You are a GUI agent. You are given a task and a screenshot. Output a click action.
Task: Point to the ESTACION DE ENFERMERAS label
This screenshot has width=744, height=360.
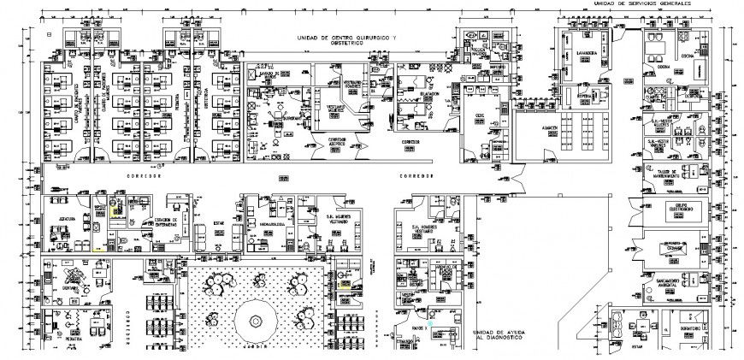click(x=168, y=221)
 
